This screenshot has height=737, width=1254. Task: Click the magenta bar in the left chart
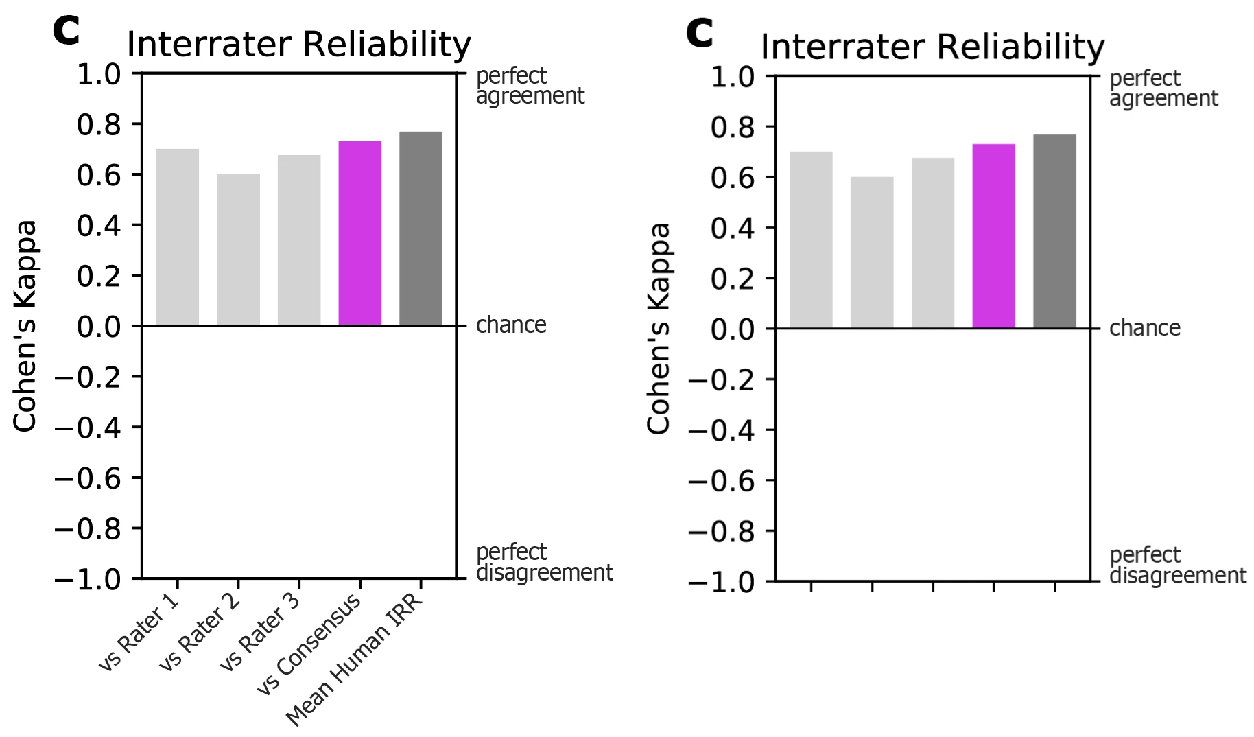(x=360, y=233)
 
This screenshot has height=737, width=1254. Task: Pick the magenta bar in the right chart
(x=994, y=236)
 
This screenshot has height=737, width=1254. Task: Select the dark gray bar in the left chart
(x=421, y=229)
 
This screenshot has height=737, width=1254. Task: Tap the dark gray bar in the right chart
(x=1054, y=231)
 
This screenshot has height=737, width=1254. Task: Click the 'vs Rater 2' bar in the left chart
(x=238, y=250)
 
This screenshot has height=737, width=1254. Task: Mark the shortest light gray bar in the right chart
(x=872, y=253)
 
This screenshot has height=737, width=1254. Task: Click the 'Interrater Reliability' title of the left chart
(x=299, y=45)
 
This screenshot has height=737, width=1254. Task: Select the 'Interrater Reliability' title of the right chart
(x=933, y=47)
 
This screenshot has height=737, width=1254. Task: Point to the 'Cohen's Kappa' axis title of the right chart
(x=659, y=328)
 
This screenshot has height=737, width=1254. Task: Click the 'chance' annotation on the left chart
(x=511, y=325)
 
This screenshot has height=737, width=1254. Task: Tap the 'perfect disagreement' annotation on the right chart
(x=1177, y=565)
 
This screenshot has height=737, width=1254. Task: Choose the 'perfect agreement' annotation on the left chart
(x=530, y=86)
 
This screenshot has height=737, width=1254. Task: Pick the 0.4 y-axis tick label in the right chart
(x=733, y=228)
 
